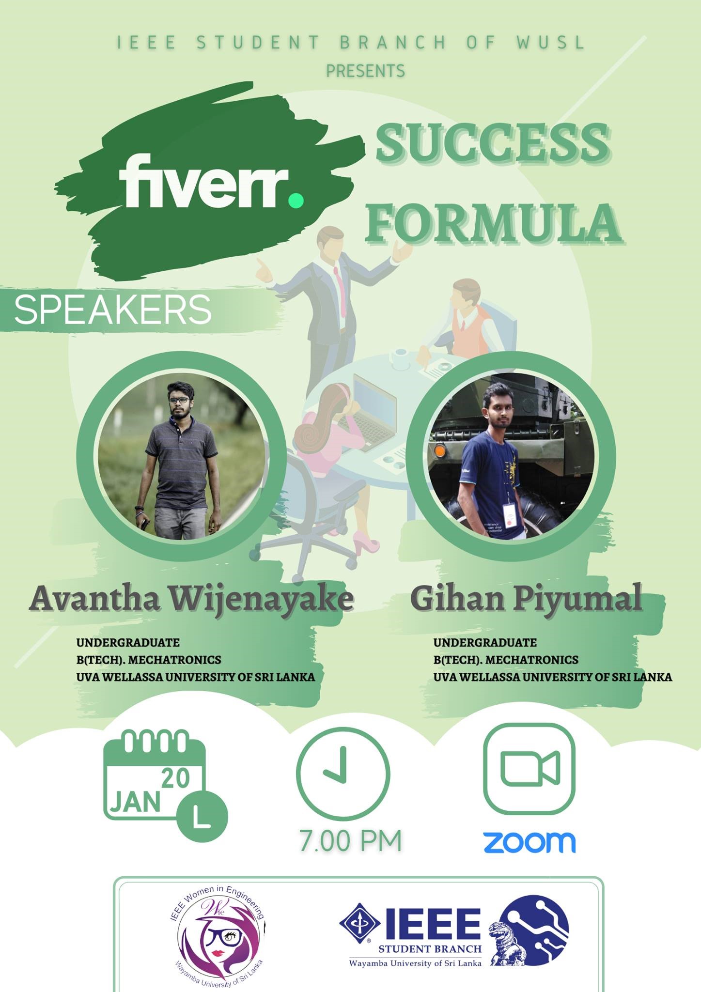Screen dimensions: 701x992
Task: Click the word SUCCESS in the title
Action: coord(492,143)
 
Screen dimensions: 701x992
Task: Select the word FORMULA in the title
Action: coord(493,222)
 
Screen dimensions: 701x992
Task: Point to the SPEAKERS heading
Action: coord(113,310)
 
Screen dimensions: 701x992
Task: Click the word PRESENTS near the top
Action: coord(366,71)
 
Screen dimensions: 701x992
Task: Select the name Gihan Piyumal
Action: coord(526,600)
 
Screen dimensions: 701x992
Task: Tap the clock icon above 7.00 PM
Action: coord(343,773)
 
